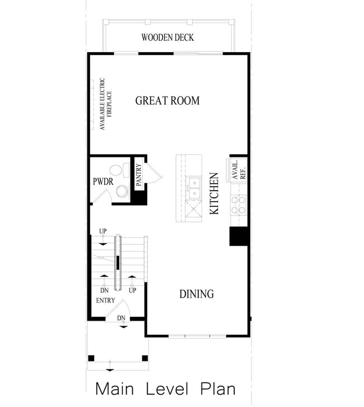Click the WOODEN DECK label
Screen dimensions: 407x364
click(x=167, y=38)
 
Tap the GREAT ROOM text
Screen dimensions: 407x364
click(x=167, y=101)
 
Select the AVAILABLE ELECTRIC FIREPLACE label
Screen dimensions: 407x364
click(x=106, y=104)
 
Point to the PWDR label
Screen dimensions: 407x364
click(x=104, y=182)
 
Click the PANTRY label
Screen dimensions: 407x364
click(x=138, y=173)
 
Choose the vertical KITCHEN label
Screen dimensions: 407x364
click(x=214, y=193)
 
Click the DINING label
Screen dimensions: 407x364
click(x=196, y=294)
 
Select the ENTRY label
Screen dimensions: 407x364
click(x=105, y=301)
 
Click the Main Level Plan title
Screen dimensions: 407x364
click(x=165, y=388)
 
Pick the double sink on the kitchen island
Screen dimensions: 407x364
click(x=194, y=188)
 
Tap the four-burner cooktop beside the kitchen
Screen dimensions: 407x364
click(x=237, y=205)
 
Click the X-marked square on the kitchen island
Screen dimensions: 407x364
click(x=194, y=211)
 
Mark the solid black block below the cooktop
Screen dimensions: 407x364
click(x=239, y=236)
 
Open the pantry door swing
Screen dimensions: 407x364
click(x=154, y=174)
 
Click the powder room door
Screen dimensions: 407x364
click(x=101, y=197)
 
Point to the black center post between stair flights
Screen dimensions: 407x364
click(x=118, y=263)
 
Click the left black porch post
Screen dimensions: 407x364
click(x=91, y=358)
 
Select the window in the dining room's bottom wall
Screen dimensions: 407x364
click(x=189, y=336)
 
